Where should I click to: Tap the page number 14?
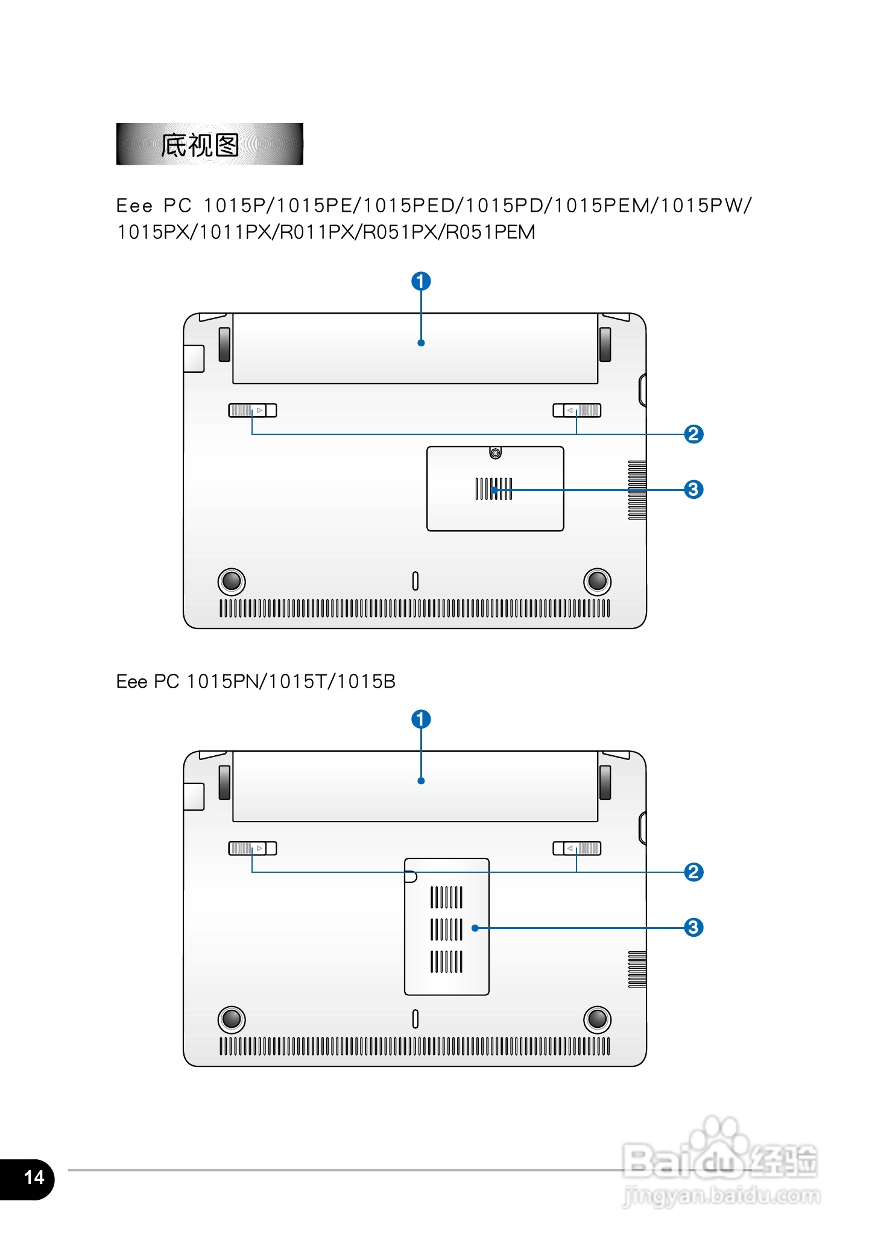pos(34,1177)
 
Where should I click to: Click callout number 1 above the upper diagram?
pos(421,281)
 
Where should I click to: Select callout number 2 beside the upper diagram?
pos(693,434)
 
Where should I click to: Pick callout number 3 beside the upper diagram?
pos(693,489)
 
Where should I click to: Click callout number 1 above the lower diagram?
pos(421,719)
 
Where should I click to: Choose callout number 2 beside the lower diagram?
pos(693,872)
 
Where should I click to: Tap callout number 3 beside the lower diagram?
pos(693,927)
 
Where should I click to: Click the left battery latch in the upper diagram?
pos(252,411)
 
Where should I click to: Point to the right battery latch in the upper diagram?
pos(577,411)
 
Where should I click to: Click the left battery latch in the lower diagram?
pos(252,849)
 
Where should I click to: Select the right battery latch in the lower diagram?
pos(577,849)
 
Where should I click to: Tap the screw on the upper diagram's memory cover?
pos(495,453)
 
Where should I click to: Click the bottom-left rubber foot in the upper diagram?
pos(232,581)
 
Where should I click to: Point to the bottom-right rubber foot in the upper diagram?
pos(597,581)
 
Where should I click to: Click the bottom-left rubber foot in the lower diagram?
pos(232,1019)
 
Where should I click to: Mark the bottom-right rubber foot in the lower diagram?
pos(597,1019)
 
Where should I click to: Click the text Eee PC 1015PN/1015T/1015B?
pos(256,682)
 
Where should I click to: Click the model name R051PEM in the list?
pos(490,232)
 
